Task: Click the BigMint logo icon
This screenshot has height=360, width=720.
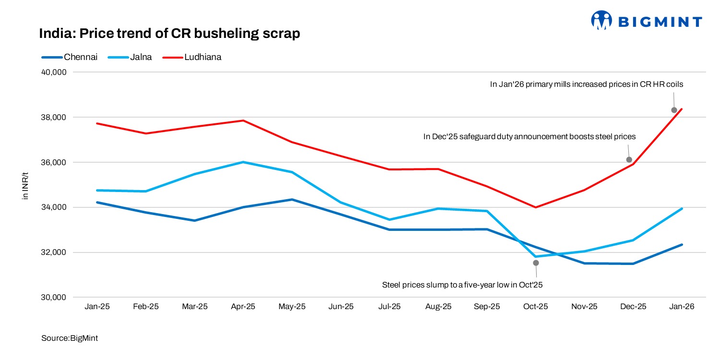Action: (x=601, y=21)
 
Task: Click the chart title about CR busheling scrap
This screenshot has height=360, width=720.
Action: (x=169, y=34)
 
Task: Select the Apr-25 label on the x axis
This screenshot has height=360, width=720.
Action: (x=243, y=307)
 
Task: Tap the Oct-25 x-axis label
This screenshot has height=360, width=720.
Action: (x=536, y=307)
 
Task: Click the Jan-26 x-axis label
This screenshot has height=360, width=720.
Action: (x=682, y=307)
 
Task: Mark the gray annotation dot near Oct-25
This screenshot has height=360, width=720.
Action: (x=536, y=263)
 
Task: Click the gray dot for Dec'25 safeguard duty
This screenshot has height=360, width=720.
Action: (x=629, y=160)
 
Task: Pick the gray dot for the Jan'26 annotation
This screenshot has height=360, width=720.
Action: (x=674, y=110)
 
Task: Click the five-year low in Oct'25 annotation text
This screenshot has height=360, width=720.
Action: (x=462, y=285)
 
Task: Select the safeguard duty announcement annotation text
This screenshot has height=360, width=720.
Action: (x=529, y=137)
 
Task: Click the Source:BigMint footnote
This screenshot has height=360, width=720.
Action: (x=70, y=338)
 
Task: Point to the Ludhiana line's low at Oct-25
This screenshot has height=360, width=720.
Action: (x=536, y=207)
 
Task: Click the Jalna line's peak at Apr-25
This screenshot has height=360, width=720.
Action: (x=243, y=162)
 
